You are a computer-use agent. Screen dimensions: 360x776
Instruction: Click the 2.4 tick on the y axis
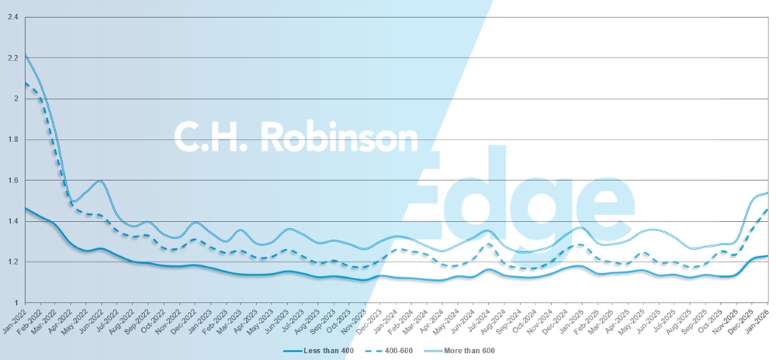click(12, 17)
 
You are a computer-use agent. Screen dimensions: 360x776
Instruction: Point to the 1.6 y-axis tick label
click(12, 180)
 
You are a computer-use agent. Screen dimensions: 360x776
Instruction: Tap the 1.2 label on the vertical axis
click(12, 261)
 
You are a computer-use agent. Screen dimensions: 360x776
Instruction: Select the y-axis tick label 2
click(16, 99)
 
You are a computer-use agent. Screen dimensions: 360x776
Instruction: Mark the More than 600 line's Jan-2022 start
click(26, 54)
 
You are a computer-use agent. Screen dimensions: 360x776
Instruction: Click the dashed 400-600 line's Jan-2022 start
click(26, 82)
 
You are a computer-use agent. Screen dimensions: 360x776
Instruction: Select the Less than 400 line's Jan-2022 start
click(26, 208)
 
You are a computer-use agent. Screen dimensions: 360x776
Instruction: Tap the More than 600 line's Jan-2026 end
click(768, 192)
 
